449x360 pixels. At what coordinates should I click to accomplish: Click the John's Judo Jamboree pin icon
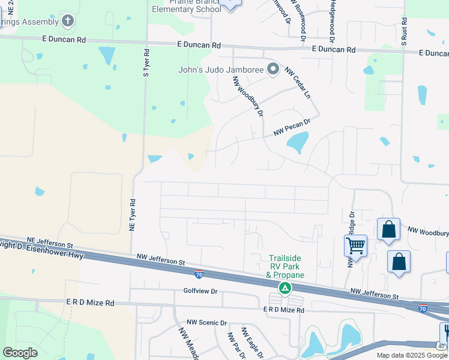pyautogui.click(x=273, y=70)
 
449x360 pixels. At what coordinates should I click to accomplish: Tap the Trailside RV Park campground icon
pyautogui.click(x=286, y=289)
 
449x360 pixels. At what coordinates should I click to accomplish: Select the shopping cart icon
pyautogui.click(x=355, y=245)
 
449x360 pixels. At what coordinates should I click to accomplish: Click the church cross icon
pyautogui.click(x=68, y=22)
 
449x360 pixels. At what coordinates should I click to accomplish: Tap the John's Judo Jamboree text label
pyautogui.click(x=221, y=70)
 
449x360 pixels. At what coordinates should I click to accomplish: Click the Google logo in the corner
pyautogui.click(x=20, y=352)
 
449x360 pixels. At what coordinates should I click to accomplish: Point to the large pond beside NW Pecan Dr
pyautogui.click(x=297, y=143)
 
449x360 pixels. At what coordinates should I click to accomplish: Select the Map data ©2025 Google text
pyautogui.click(x=411, y=355)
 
